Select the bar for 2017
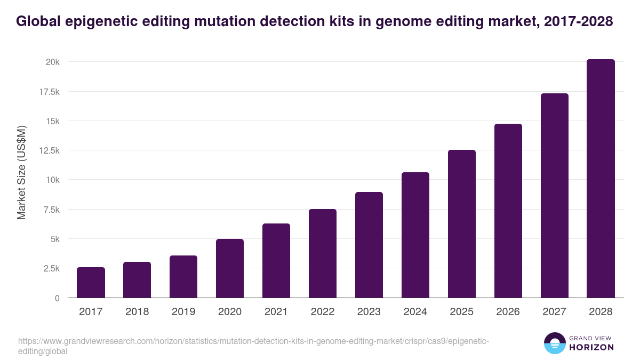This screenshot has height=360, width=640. (x=91, y=283)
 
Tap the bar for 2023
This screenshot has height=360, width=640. (x=369, y=245)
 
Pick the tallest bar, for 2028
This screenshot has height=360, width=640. (x=601, y=179)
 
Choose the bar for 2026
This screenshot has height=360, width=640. (x=508, y=211)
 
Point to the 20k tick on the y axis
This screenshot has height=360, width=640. (x=52, y=62)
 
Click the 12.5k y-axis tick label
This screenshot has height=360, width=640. (x=49, y=150)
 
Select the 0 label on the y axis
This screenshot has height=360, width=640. (x=56, y=298)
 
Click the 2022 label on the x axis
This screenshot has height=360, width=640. (x=323, y=312)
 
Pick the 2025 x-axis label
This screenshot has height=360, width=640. (x=462, y=312)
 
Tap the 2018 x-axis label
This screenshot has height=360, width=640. (x=137, y=312)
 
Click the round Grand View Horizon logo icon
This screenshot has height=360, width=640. (x=554, y=343)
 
